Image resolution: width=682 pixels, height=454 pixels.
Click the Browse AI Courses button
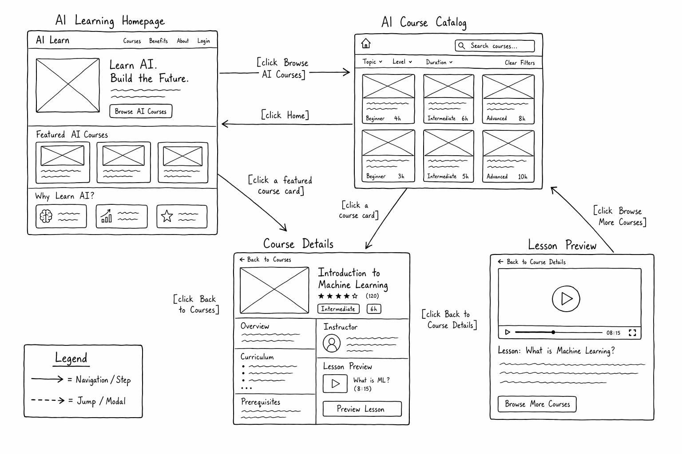(x=141, y=111)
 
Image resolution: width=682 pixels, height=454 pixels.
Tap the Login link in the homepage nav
(x=203, y=41)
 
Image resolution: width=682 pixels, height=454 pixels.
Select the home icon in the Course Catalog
(x=366, y=43)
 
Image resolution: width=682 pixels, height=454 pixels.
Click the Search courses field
(x=495, y=46)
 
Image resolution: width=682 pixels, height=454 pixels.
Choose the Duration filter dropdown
(x=439, y=62)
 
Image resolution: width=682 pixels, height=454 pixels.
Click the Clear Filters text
(x=519, y=63)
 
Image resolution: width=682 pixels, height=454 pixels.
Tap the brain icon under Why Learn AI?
(x=46, y=216)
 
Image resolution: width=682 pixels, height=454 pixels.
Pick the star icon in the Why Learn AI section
(x=167, y=216)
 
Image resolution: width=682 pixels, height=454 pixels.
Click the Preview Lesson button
(x=362, y=409)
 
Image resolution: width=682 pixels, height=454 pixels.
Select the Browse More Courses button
(x=537, y=404)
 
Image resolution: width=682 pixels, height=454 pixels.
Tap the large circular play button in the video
(x=566, y=299)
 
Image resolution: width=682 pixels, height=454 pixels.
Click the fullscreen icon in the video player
(x=632, y=333)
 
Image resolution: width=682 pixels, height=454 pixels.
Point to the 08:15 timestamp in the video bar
(x=613, y=333)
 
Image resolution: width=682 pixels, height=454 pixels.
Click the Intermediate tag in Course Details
(x=338, y=309)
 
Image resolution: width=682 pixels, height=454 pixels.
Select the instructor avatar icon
(x=332, y=343)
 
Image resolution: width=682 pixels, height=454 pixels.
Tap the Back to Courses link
(x=265, y=259)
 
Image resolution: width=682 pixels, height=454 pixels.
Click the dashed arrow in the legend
(x=48, y=400)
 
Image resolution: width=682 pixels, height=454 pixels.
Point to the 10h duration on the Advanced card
(x=523, y=176)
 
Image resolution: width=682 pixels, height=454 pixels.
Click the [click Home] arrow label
(x=285, y=115)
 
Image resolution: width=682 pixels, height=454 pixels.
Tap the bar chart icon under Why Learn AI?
(x=106, y=216)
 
